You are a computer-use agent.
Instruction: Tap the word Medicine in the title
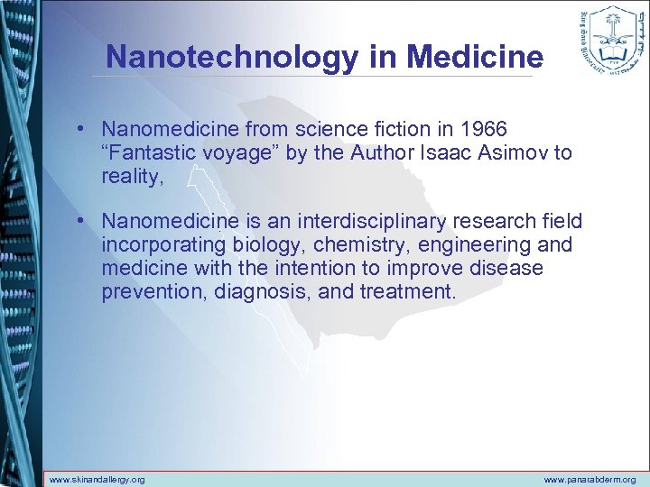click(x=475, y=58)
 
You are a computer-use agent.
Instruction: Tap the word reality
click(x=130, y=176)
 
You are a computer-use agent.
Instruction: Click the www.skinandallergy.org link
click(x=97, y=480)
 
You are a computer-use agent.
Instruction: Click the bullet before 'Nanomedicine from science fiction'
click(x=81, y=129)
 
